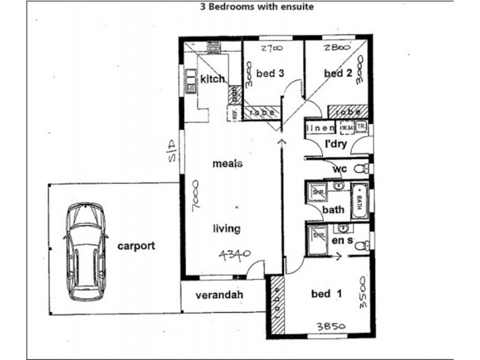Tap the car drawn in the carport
coord(85,251)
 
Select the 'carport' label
coord(136,245)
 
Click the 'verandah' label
coord(223,296)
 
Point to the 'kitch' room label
coord(212,79)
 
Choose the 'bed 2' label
coord(338,73)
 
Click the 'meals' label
coord(227,164)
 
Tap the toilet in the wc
coord(361,169)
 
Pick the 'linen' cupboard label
coord(320,128)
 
